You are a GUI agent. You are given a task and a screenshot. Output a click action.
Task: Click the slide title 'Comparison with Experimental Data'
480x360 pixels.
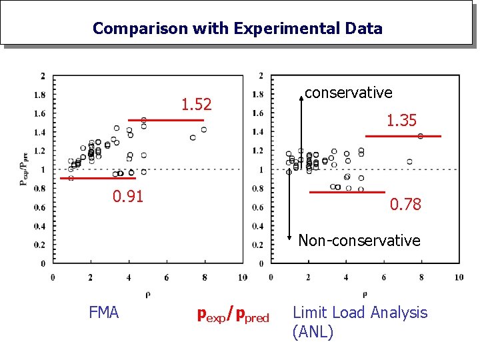[237, 29]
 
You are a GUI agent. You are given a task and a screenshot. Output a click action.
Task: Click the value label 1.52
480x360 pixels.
[197, 105]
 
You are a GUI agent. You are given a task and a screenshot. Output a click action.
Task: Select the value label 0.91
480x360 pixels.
[127, 197]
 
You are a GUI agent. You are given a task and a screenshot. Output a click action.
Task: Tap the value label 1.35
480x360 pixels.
[401, 121]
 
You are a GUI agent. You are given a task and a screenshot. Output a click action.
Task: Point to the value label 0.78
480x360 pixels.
[405, 205]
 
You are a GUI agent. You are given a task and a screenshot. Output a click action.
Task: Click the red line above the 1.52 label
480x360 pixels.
[166, 120]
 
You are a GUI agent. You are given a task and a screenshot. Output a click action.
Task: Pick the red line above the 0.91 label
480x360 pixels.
[102, 179]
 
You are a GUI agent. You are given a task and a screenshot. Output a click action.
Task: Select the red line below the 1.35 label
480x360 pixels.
[403, 136]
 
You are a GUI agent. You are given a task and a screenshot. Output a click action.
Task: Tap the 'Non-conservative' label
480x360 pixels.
[359, 241]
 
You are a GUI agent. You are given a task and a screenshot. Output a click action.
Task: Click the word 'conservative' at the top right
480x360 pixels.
[348, 93]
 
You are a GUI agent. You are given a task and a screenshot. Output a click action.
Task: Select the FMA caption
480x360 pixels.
[103, 313]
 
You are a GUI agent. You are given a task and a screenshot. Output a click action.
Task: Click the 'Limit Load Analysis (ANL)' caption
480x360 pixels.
[360, 322]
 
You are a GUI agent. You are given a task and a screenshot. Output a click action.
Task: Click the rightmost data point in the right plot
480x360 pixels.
[421, 136]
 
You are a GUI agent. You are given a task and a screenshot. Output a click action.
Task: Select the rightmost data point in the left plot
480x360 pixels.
[204, 129]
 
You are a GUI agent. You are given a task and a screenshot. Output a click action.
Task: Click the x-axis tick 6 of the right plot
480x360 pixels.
[384, 277]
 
